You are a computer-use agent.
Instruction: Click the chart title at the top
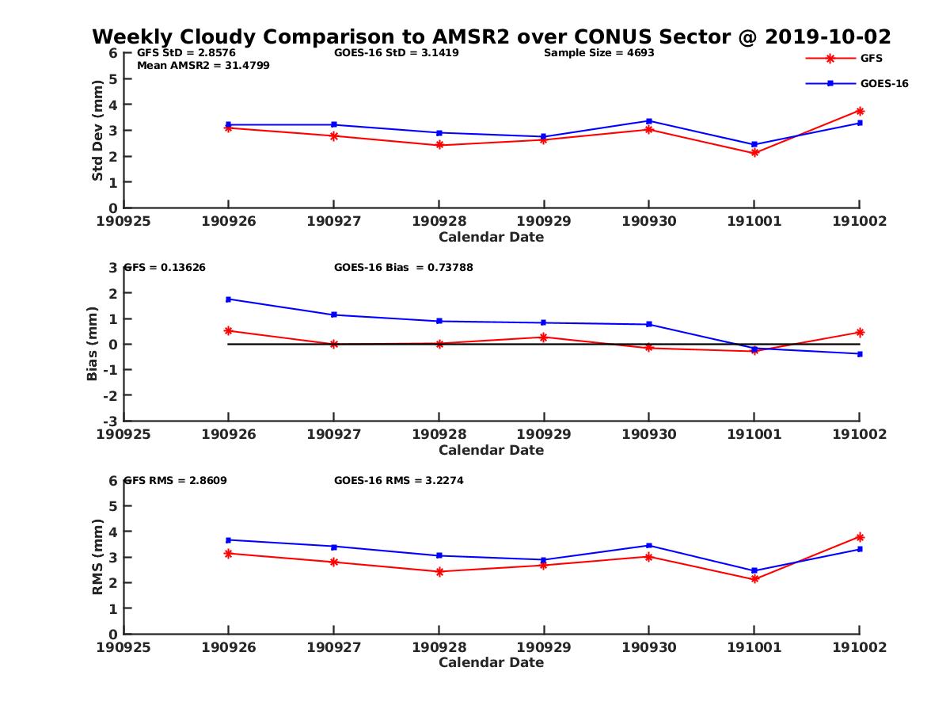click(x=492, y=36)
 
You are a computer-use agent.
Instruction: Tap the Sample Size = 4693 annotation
click(x=598, y=53)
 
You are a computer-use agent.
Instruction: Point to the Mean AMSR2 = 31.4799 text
click(x=203, y=66)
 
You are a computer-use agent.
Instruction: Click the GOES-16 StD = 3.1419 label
click(x=397, y=53)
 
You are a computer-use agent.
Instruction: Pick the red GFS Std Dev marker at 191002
click(x=860, y=111)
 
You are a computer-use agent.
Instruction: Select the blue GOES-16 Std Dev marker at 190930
click(x=649, y=121)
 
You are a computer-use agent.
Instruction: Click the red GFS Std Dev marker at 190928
click(x=439, y=145)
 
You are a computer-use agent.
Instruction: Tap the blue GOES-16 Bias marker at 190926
click(x=229, y=299)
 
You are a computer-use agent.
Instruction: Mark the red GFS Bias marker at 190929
click(x=544, y=337)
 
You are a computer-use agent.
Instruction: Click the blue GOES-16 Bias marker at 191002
click(x=860, y=353)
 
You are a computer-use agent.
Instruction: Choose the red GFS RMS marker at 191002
click(x=860, y=537)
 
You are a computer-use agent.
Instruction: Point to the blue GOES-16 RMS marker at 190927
click(x=334, y=547)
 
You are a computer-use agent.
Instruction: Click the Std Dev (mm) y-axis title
click(x=97, y=130)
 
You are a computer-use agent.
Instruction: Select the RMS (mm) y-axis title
click(x=97, y=556)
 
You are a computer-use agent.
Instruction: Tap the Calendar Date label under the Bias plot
click(x=491, y=450)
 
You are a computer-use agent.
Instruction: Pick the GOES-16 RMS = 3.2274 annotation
click(x=398, y=480)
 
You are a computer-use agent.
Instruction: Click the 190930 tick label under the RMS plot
click(x=649, y=647)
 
